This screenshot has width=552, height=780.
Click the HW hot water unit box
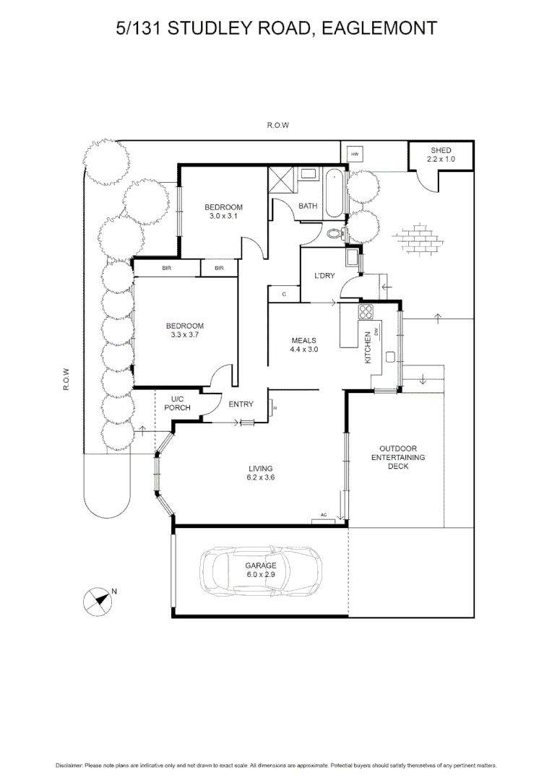(x=355, y=155)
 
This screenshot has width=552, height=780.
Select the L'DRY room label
(x=323, y=276)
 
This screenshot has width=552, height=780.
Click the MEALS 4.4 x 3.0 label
(x=304, y=344)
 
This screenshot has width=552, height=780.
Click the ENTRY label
(x=241, y=404)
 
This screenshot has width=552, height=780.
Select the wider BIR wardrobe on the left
(x=167, y=268)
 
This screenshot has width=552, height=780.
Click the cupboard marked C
(x=284, y=294)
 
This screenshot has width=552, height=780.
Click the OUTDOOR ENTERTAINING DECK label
(x=398, y=457)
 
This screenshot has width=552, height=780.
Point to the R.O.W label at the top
(x=277, y=125)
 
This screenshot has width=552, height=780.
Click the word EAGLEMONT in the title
(x=379, y=28)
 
